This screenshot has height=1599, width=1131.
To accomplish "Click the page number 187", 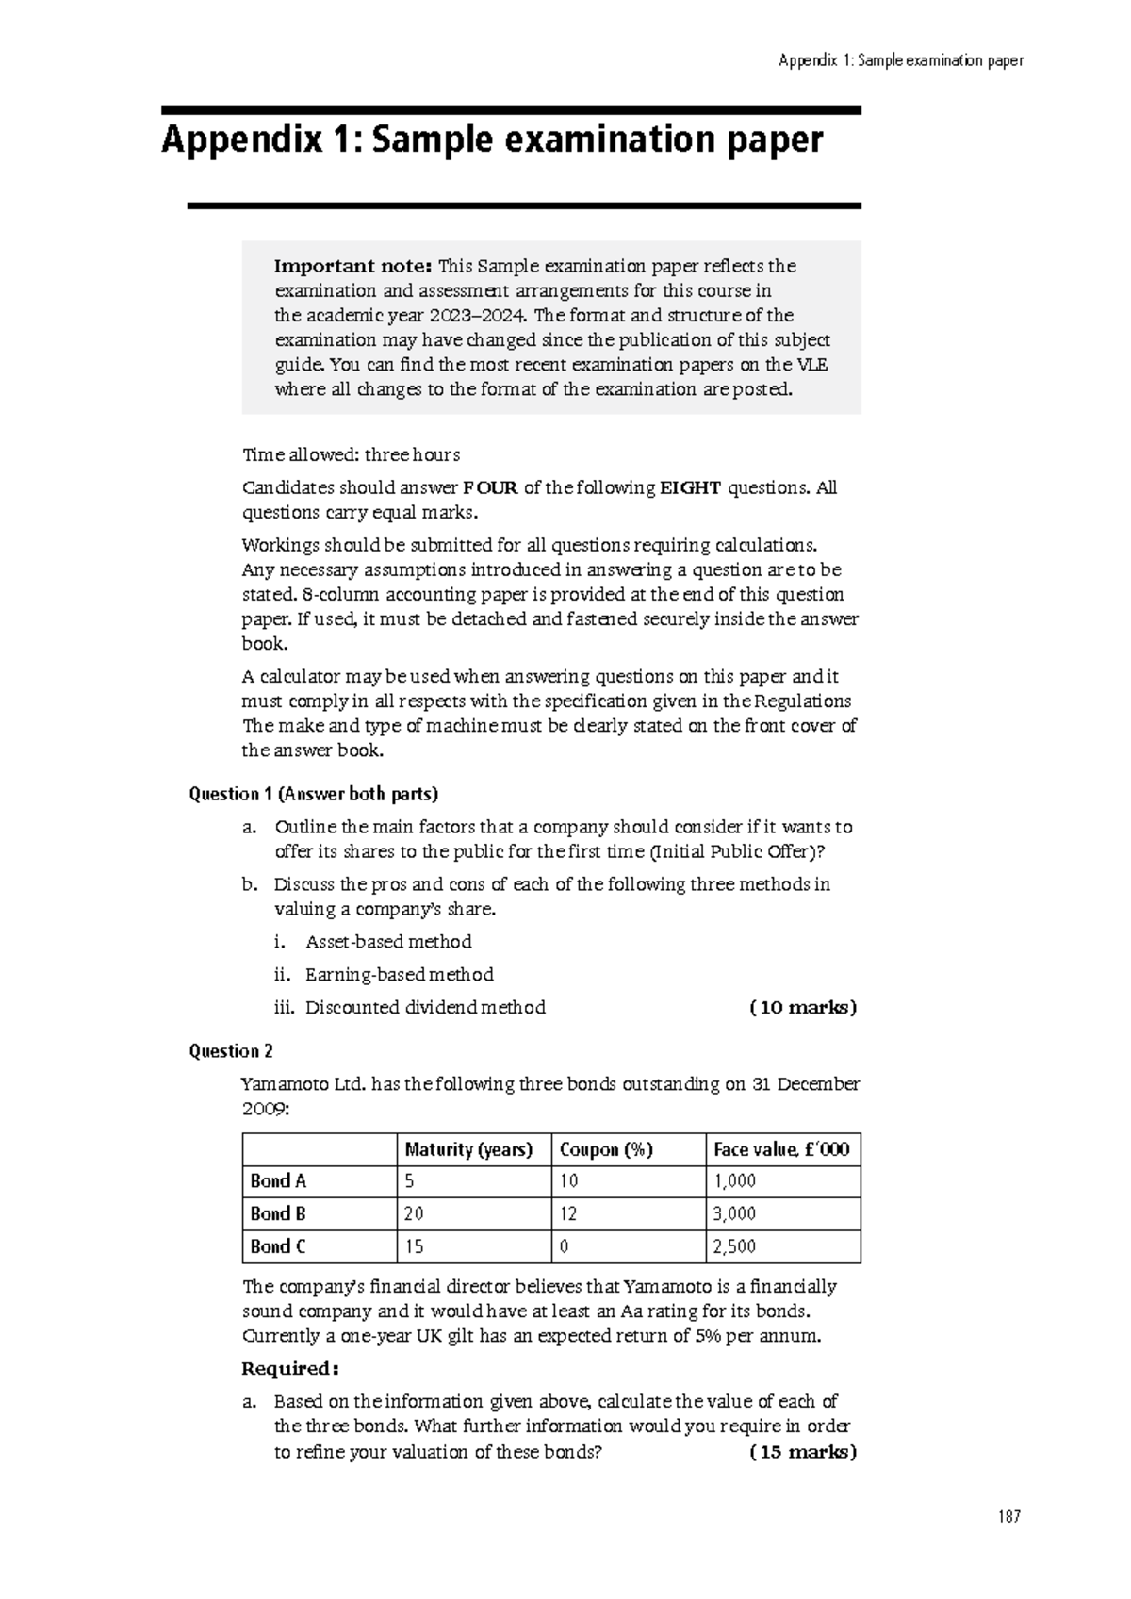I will point(1008,1517).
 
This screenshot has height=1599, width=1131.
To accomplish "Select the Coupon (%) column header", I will point(606,1149).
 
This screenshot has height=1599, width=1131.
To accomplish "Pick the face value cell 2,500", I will point(734,1246).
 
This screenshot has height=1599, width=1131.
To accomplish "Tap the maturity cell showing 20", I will point(414,1213).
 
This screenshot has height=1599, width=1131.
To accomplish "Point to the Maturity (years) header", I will point(468,1149).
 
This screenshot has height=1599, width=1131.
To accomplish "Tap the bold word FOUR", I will point(490,487).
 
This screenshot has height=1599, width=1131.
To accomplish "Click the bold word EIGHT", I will point(690,487).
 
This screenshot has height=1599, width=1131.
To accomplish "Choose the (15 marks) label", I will point(803,1452).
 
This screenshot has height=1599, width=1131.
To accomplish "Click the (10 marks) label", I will point(803,1007).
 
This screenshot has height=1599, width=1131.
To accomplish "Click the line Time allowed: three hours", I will point(351,454).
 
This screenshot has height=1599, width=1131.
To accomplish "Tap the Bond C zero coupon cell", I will point(565,1246).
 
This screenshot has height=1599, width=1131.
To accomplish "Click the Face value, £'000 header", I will point(781,1149).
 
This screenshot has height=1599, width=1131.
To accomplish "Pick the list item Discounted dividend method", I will point(425,1007).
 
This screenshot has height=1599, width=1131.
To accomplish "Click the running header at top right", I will point(900,61).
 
